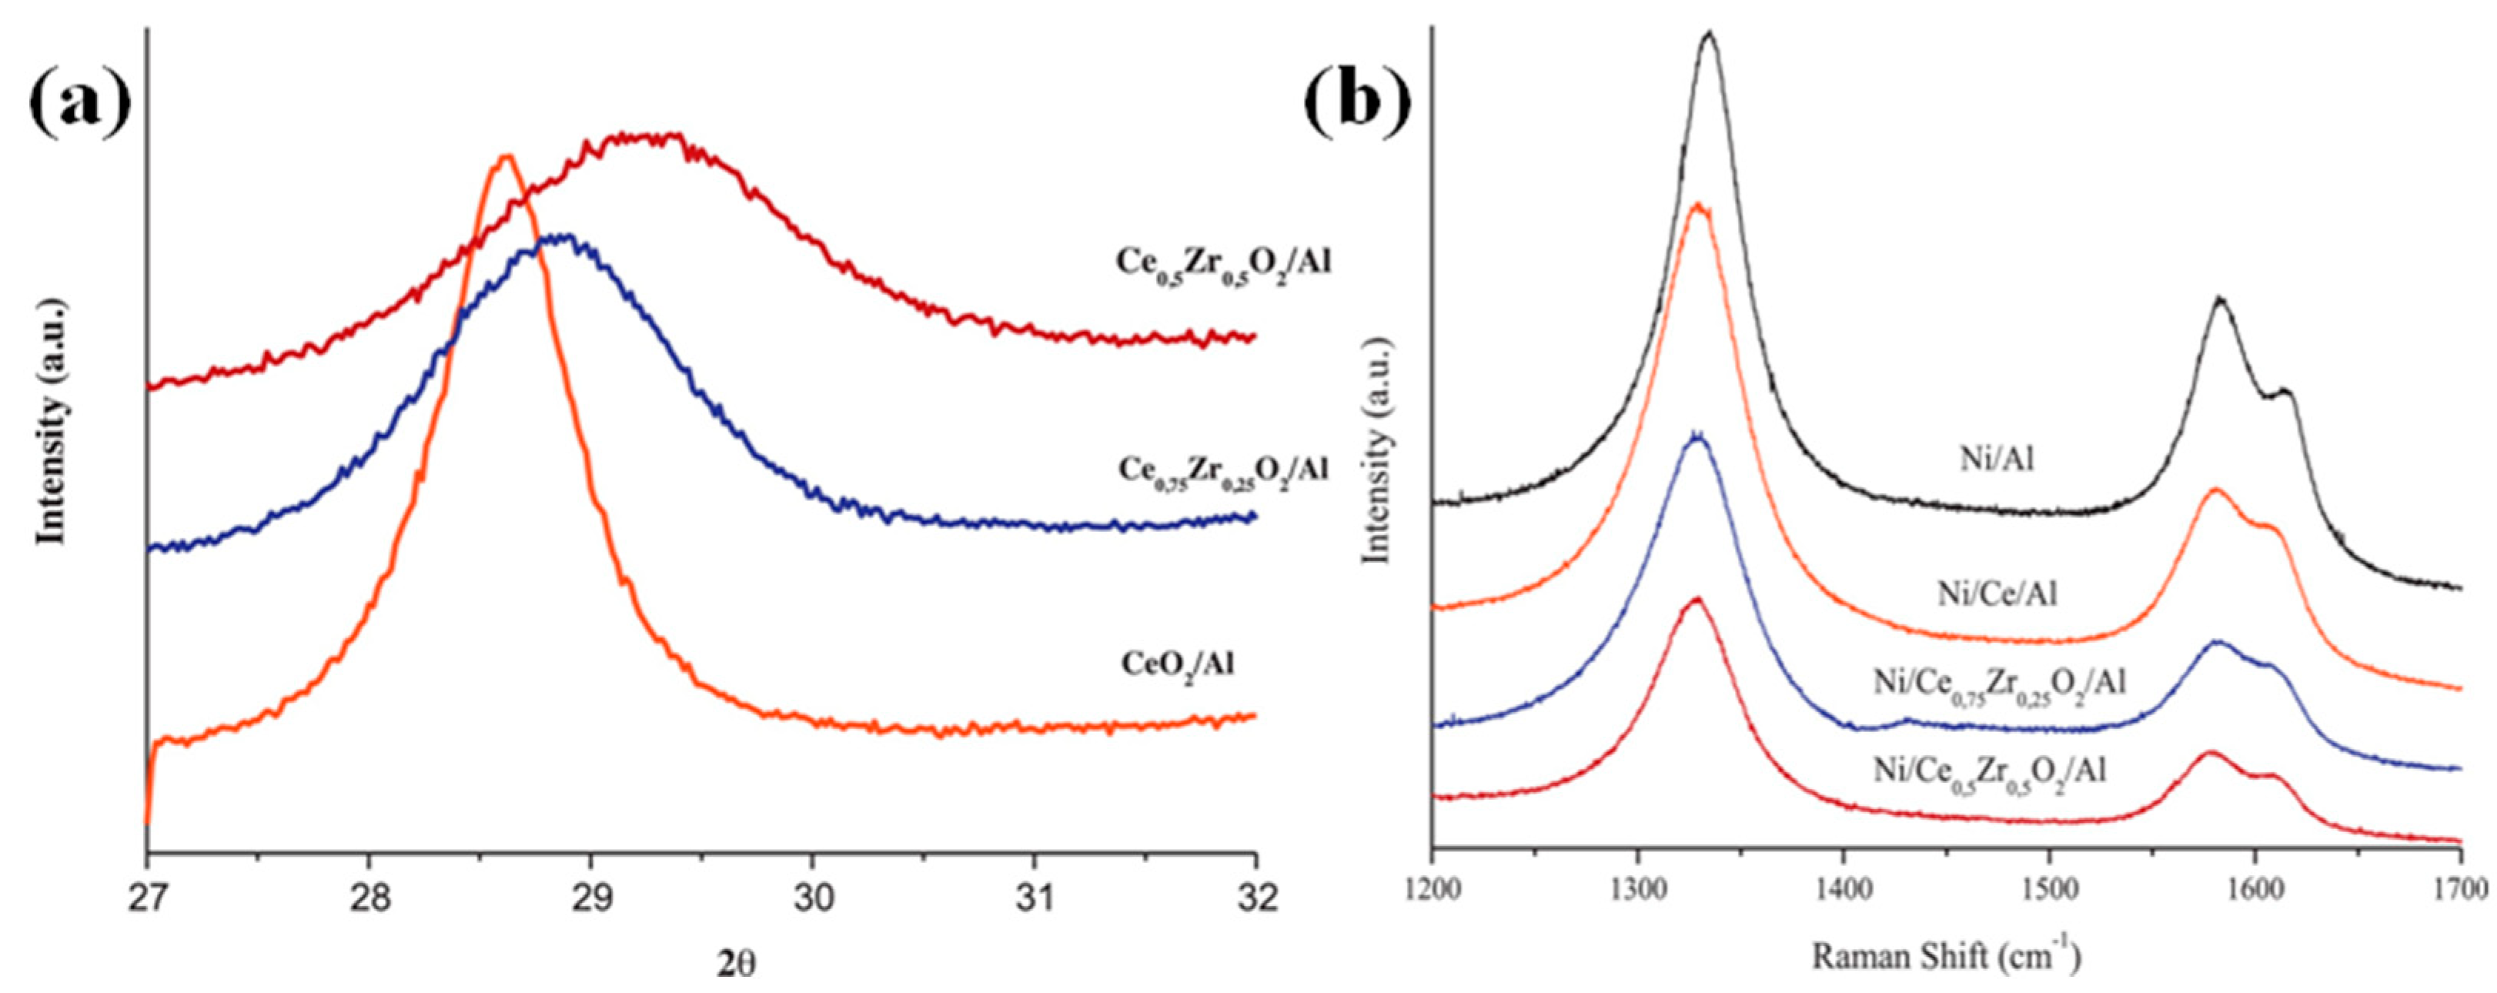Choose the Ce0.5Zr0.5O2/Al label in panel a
click(x=1223, y=262)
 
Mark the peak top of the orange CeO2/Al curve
click(x=504, y=156)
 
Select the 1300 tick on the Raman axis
click(x=1637, y=886)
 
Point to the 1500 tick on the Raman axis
click(x=2049, y=886)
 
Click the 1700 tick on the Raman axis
click(x=2460, y=886)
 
